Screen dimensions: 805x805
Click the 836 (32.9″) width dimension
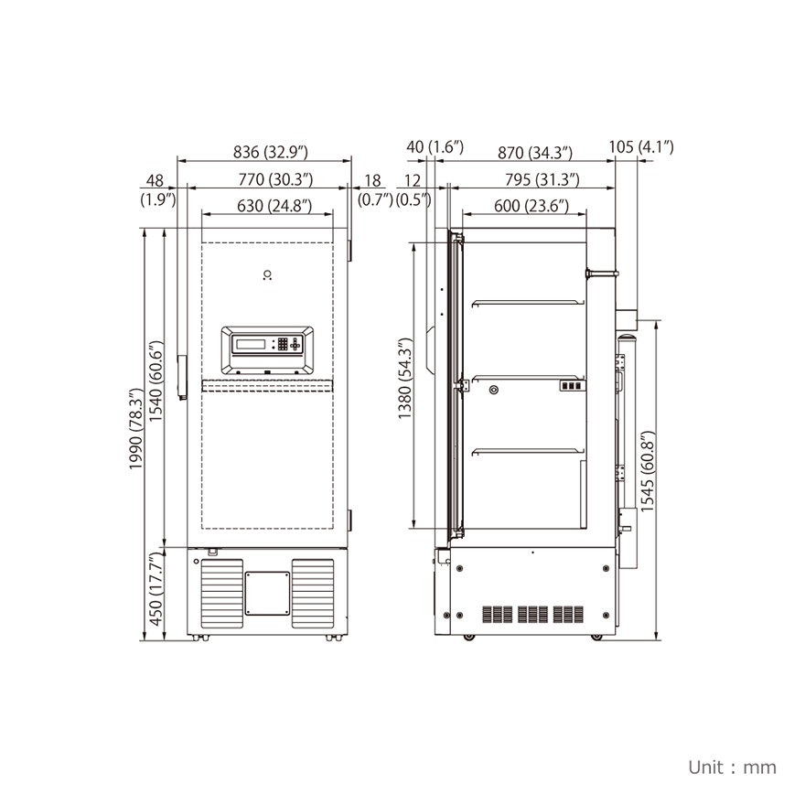point(271,152)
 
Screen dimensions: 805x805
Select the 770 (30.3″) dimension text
point(275,179)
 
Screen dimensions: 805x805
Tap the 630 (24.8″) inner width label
point(274,205)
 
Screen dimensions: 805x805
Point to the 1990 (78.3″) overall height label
point(135,429)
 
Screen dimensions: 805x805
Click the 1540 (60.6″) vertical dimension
point(156,381)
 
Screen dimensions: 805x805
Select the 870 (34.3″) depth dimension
point(535,153)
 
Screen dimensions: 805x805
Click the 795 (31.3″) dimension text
point(542,179)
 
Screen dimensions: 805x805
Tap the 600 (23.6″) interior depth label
point(531,206)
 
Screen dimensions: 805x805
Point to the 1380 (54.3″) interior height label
point(405,379)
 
